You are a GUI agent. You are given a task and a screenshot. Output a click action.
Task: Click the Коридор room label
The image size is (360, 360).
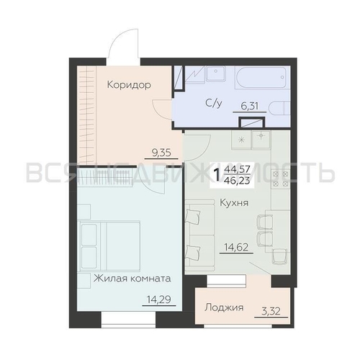point(129,85)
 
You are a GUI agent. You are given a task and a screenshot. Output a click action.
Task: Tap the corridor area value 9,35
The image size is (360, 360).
point(161,153)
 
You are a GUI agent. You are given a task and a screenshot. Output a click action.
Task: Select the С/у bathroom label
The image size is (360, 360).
point(214,103)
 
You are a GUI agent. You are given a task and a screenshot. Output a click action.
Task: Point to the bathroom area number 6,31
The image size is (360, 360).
point(250,106)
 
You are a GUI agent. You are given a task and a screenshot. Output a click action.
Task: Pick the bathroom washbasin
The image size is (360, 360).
point(216,73)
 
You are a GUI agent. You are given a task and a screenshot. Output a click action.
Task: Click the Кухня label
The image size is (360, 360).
point(234,203)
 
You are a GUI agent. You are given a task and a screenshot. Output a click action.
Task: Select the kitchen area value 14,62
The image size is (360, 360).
point(236,247)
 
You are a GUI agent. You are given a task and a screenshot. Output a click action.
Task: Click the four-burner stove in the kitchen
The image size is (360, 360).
point(280,179)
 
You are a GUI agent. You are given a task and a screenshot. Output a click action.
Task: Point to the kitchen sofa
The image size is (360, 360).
point(197,236)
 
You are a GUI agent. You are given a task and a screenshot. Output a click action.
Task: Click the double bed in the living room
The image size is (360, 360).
point(109,246)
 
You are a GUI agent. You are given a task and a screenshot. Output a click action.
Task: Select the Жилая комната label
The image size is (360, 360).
point(132,279)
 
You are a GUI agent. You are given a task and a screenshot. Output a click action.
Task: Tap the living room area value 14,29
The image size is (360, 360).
point(158,300)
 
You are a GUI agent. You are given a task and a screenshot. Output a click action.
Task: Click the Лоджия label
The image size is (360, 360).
point(224,307)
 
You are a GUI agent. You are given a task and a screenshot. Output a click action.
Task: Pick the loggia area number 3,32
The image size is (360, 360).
point(271,311)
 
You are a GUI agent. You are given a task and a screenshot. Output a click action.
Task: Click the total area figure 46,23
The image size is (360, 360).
point(237,180)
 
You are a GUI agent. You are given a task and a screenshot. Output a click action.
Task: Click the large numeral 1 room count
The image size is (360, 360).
point(217,175)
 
